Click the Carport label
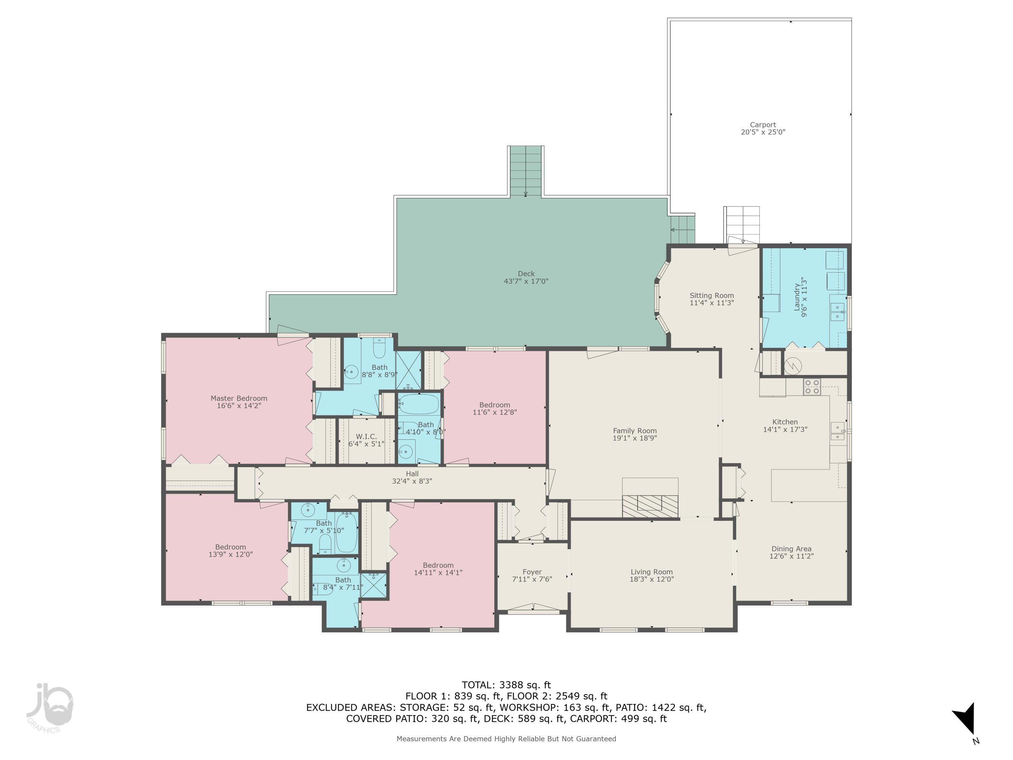[x=762, y=125]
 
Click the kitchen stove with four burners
[x=812, y=387]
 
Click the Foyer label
[x=532, y=572]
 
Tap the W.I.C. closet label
[x=366, y=436]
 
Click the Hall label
[x=412, y=474]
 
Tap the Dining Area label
[x=791, y=549]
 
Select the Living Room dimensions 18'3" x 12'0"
[x=651, y=579]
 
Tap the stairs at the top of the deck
[x=525, y=171]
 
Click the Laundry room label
[x=797, y=297]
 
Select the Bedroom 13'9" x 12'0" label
[x=230, y=547]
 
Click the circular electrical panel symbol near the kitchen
[x=793, y=365]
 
